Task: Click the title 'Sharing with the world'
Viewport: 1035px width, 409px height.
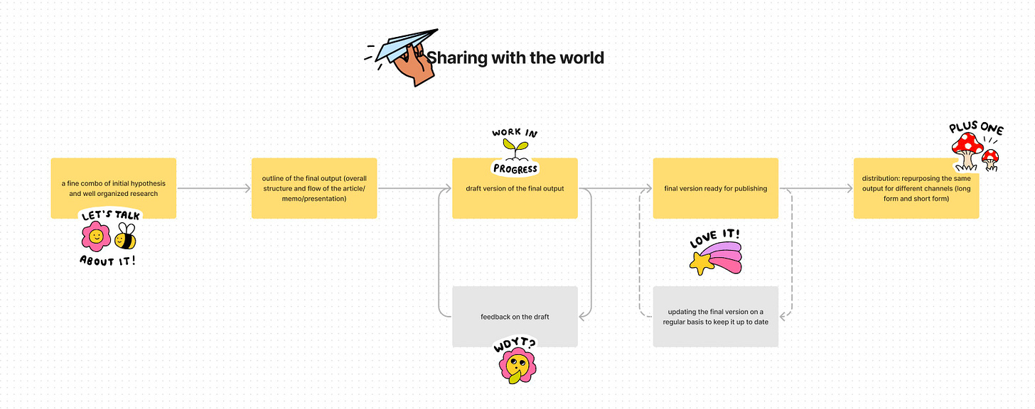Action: pos(515,58)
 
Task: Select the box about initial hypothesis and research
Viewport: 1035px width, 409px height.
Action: pos(114,188)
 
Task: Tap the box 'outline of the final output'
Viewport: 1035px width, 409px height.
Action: pos(314,188)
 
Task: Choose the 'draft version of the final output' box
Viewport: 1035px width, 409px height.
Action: pos(515,188)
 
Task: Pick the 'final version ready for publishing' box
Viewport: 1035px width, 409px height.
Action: pos(715,188)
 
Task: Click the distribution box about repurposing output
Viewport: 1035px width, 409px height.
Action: pos(916,188)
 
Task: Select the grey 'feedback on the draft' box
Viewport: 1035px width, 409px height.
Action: pos(515,317)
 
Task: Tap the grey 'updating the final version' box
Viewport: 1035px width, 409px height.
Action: pos(715,317)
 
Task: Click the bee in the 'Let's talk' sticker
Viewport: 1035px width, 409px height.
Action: pos(126,237)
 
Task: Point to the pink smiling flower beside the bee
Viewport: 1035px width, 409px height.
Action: pos(95,236)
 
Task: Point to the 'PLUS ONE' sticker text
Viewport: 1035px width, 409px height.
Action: pos(976,129)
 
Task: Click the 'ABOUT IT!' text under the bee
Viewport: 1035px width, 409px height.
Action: pos(107,260)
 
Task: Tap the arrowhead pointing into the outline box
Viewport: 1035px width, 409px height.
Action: pos(247,188)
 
